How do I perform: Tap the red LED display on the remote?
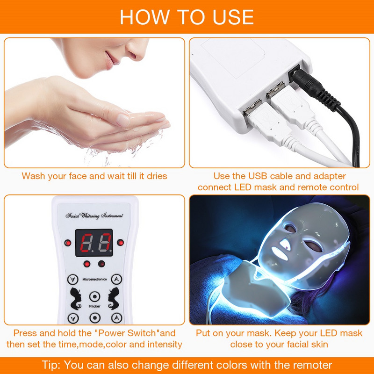click(96, 243)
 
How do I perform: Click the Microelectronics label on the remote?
click(94, 279)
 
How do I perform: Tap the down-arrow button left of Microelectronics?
click(72, 280)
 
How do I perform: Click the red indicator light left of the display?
click(68, 243)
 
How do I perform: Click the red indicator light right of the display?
click(121, 242)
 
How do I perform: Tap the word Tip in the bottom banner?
click(51, 365)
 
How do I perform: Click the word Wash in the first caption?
click(34, 176)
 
